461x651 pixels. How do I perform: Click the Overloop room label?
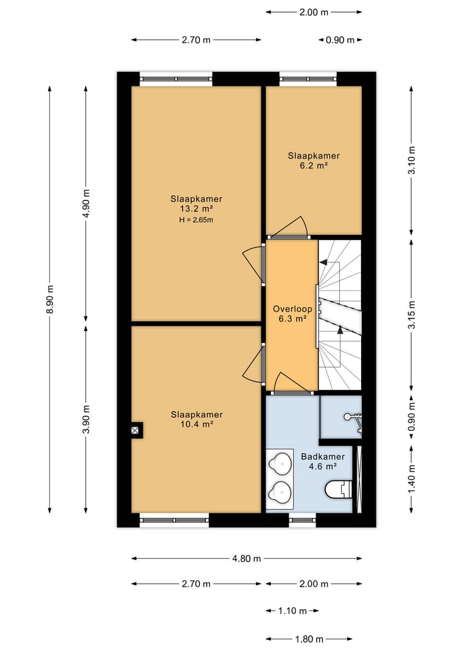pos(291,307)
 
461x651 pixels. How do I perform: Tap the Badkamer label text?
pos(323,456)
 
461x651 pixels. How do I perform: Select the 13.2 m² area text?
pos(196,209)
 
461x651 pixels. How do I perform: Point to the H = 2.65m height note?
pos(196,220)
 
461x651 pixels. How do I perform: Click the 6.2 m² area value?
pos(313,166)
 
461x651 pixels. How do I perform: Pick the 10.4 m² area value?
pos(196,424)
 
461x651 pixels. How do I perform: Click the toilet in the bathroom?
pos(339,490)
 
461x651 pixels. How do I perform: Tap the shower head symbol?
pos(352,418)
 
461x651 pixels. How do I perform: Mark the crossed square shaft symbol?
pos(134,431)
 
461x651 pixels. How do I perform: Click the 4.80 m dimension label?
pos(247,558)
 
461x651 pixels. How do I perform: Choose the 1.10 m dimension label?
pos(292,611)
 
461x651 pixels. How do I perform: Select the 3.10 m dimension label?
pos(412,161)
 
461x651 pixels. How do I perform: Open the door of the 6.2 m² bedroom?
pos(291,227)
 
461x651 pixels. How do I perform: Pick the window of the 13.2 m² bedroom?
pos(176,79)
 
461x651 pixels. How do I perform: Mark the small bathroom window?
pos(302,520)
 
